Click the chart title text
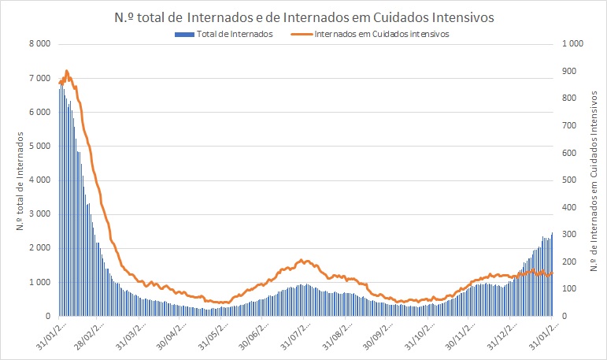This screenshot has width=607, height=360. (302, 14)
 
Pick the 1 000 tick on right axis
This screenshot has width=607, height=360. (572, 44)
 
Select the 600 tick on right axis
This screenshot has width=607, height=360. (570, 153)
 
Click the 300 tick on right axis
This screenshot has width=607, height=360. (570, 234)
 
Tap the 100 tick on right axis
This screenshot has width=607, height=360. (570, 288)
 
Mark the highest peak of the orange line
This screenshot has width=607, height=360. (66, 71)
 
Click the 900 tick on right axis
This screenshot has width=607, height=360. (570, 71)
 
